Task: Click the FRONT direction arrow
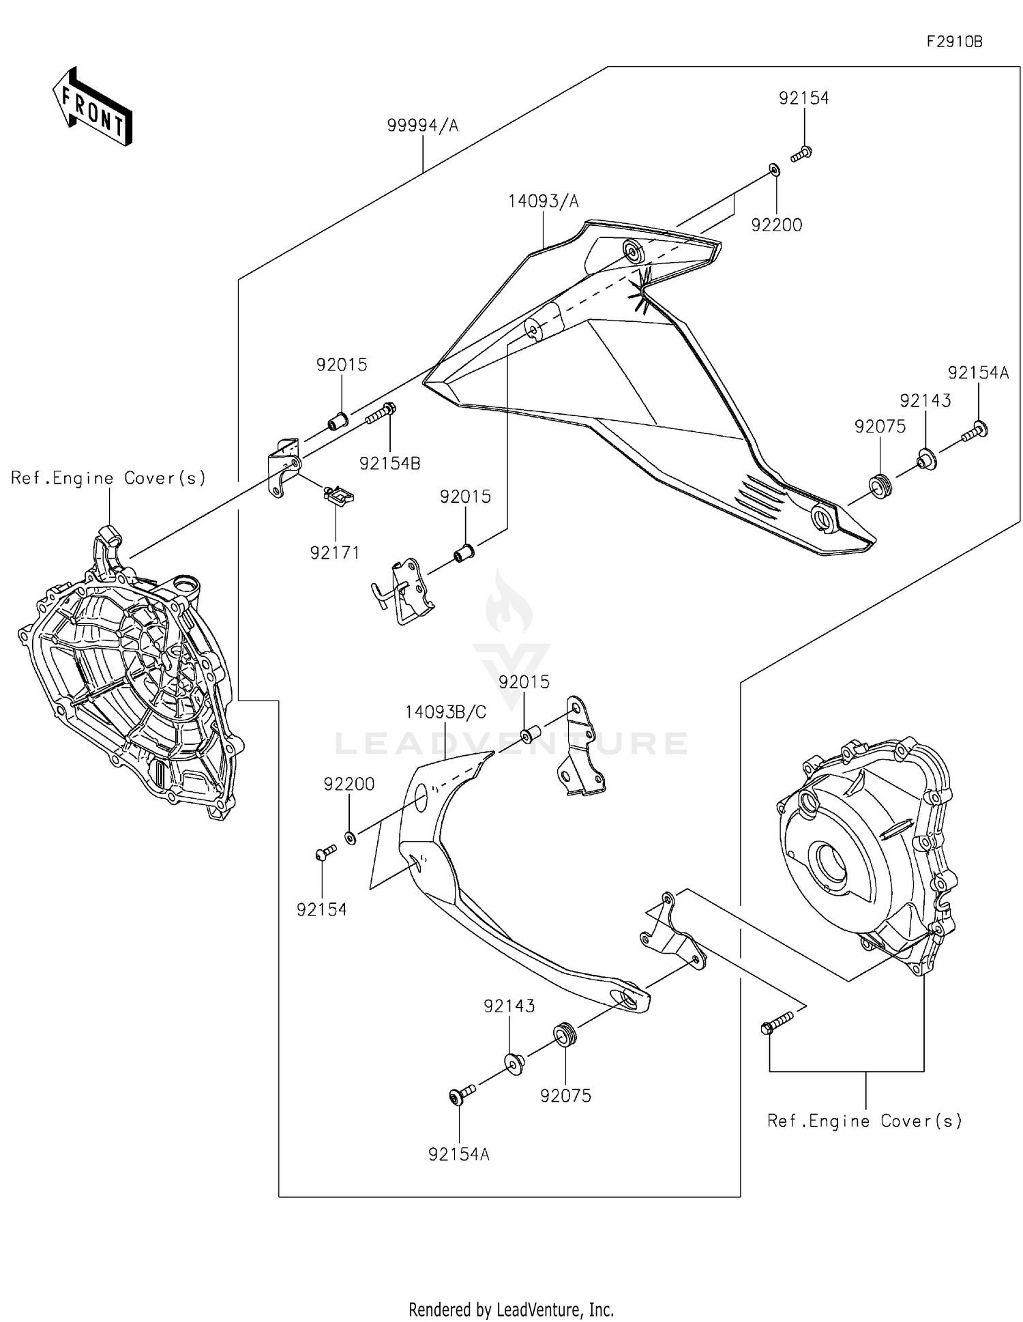pyautogui.click(x=93, y=106)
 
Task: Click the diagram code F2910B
pyautogui.click(x=954, y=42)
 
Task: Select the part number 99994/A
pyautogui.click(x=422, y=126)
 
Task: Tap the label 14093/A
pyautogui.click(x=543, y=201)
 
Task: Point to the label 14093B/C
pyautogui.click(x=445, y=712)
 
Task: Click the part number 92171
pyautogui.click(x=334, y=553)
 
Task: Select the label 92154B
pyautogui.click(x=389, y=463)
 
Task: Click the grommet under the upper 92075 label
pyautogui.click(x=880, y=488)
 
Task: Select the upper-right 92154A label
pyautogui.click(x=978, y=373)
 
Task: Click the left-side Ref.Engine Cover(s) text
pyautogui.click(x=108, y=478)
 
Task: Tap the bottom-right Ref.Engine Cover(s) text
pyautogui.click(x=865, y=1121)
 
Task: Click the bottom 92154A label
pyautogui.click(x=459, y=1154)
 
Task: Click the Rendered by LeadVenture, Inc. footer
pyautogui.click(x=511, y=1309)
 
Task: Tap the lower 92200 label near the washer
pyautogui.click(x=349, y=784)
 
